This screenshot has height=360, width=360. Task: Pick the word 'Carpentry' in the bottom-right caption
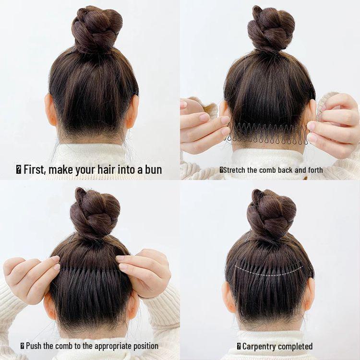[262, 346]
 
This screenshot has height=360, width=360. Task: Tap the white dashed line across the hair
[269, 273]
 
